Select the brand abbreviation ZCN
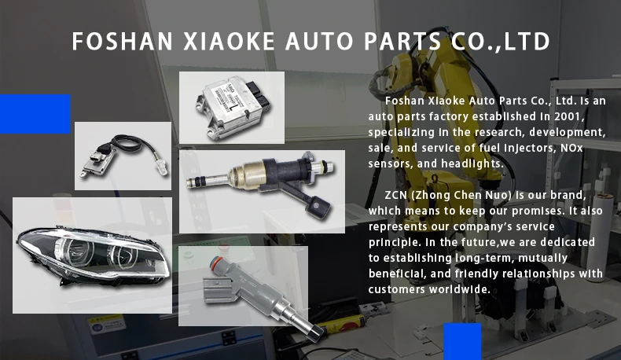pyautogui.click(x=399, y=194)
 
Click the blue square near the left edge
pyautogui.click(x=35, y=114)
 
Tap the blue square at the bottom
pyautogui.click(x=462, y=341)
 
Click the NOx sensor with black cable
pyautogui.click(x=122, y=156)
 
